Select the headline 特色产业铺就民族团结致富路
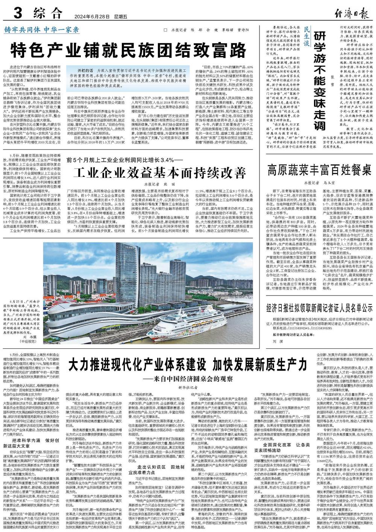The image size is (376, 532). (127, 49)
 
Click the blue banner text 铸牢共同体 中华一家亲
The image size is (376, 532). (42, 30)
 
